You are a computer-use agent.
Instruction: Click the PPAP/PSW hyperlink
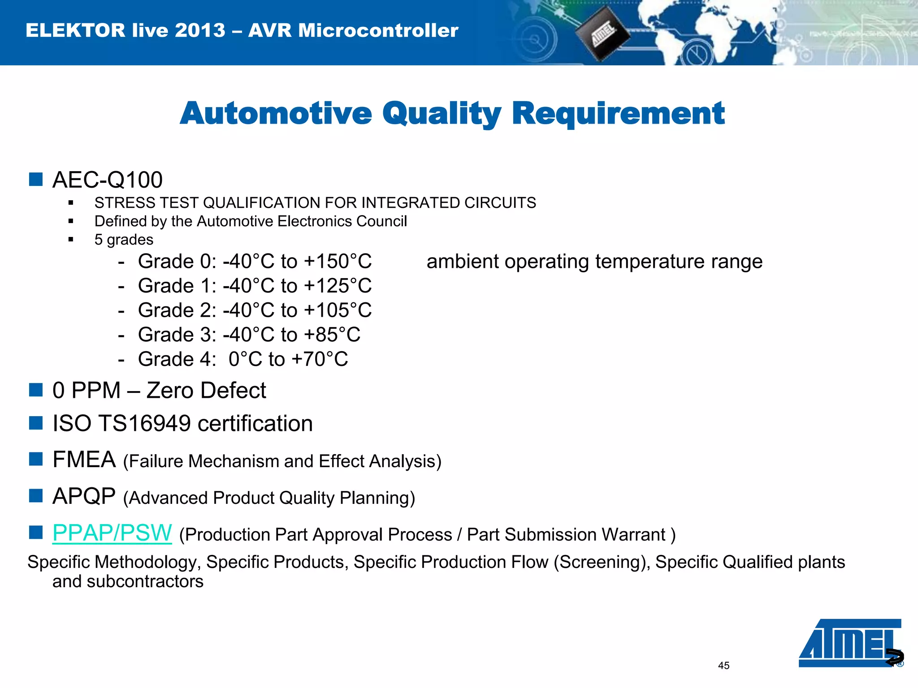click(112, 533)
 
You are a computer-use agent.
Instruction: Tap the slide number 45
click(723, 666)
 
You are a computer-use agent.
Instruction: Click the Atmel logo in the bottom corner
click(849, 643)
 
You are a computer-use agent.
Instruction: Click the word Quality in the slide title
click(442, 114)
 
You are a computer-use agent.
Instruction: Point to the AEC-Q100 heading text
click(107, 180)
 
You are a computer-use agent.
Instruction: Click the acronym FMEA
click(84, 460)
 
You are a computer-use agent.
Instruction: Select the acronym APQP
click(84, 496)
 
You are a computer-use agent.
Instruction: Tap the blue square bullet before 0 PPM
click(35, 390)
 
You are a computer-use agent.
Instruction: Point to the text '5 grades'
click(124, 240)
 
